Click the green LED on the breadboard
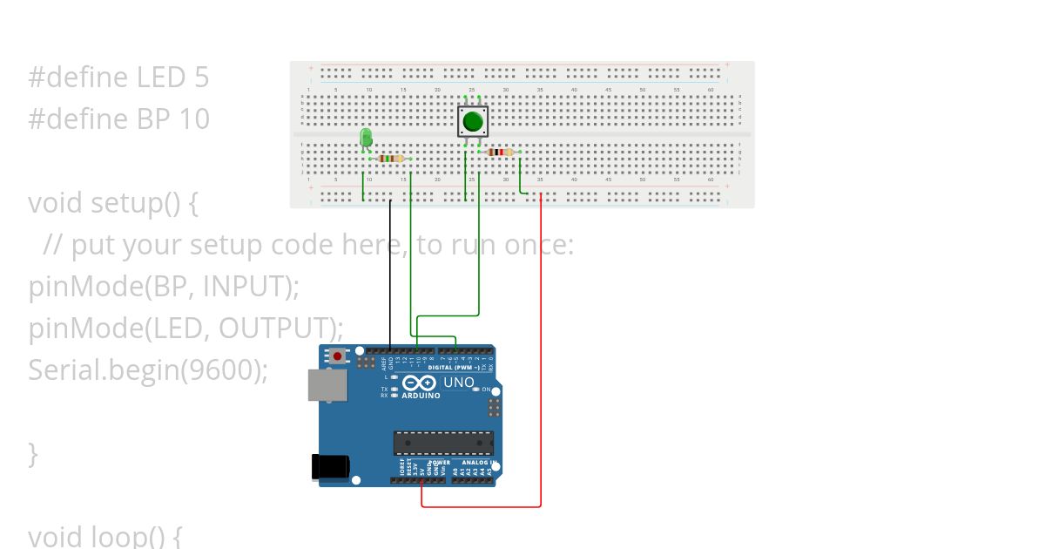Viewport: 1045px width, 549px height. point(366,138)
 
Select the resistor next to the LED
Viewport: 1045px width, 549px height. point(391,159)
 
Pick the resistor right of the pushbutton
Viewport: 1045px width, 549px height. point(499,152)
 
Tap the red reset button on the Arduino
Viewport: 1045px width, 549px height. point(337,356)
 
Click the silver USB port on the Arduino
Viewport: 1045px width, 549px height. point(327,384)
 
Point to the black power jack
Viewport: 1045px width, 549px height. point(330,466)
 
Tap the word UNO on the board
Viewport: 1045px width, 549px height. point(459,383)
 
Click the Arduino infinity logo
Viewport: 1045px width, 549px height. point(420,383)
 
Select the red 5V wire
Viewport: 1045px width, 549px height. point(541,349)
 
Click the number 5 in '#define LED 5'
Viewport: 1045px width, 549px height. point(201,78)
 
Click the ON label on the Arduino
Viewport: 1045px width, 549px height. point(487,390)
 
